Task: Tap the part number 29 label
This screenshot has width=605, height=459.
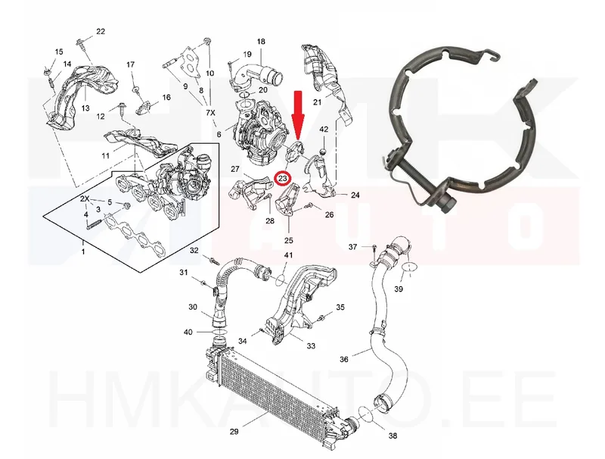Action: tap(234, 432)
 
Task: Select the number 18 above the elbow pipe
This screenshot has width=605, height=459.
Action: tap(261, 42)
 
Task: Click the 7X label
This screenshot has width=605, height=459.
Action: tap(211, 113)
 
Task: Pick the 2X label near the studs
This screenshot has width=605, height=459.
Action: tap(85, 199)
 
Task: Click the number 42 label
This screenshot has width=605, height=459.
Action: tap(324, 129)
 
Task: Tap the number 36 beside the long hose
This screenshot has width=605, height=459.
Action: tap(344, 359)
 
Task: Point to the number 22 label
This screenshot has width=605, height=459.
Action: tap(101, 31)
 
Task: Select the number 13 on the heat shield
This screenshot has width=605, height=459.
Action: tap(85, 108)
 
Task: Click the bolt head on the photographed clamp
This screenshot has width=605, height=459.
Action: tap(448, 205)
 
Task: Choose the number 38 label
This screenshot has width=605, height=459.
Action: tap(392, 436)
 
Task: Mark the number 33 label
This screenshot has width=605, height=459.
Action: tap(311, 346)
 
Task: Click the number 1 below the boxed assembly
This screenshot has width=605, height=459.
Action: tap(83, 252)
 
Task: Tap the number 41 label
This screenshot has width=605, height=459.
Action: tap(289, 255)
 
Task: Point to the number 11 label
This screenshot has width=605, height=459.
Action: tap(105, 156)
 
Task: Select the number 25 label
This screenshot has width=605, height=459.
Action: tap(289, 240)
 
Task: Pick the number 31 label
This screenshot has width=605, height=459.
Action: tap(183, 273)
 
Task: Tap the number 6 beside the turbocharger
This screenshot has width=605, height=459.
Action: tap(219, 135)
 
